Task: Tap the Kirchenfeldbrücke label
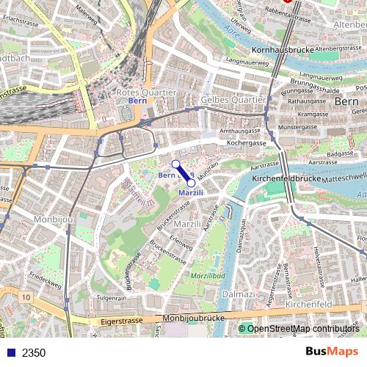283,178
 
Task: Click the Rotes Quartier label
146,92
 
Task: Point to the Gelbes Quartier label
232,99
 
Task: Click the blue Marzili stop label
190,193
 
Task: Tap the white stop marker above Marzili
175,164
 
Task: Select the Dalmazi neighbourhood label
239,294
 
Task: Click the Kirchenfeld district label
309,303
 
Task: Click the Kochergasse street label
244,142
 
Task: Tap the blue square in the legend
10,352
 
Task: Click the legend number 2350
33,352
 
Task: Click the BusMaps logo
332,352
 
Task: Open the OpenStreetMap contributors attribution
303,328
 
